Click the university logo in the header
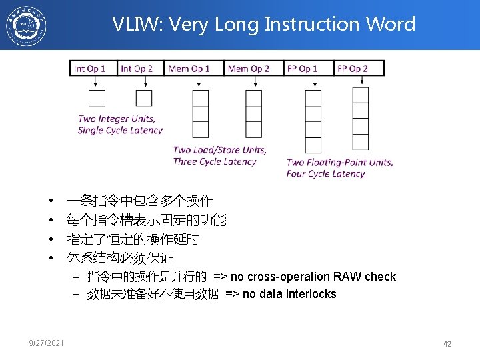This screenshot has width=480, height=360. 27,25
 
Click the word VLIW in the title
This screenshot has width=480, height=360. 136,25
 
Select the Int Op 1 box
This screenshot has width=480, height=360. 93,69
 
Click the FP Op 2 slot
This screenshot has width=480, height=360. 350,69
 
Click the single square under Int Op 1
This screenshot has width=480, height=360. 97,98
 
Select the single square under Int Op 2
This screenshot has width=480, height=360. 144,98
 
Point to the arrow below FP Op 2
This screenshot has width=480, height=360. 361,81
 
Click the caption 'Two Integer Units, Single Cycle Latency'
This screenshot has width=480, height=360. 120,125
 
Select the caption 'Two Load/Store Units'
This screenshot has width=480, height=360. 219,150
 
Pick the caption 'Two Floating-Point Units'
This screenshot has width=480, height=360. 339,162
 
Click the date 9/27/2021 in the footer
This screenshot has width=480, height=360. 47,343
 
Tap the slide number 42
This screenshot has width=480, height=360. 447,344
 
